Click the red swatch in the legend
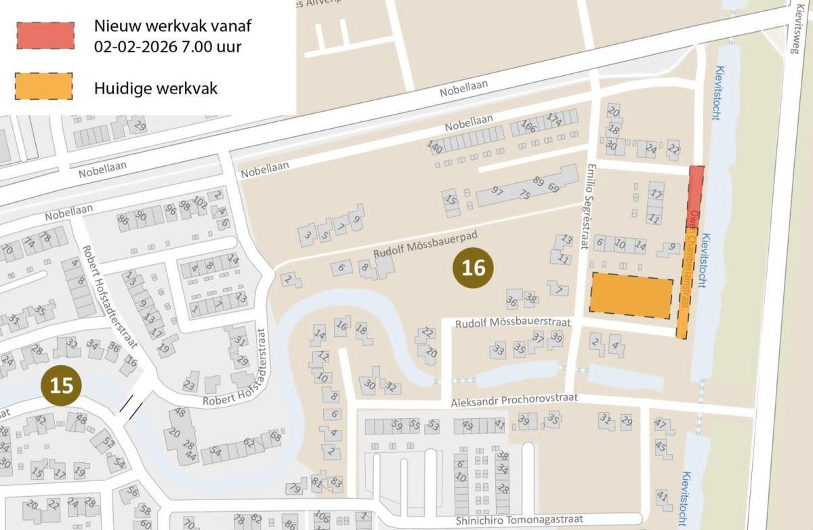tap(45, 35)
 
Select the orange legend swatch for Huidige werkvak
tap(43, 87)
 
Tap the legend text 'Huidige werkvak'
tap(156, 88)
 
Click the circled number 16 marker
tap(473, 268)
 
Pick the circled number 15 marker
tap(61, 385)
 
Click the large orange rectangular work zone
tap(631, 295)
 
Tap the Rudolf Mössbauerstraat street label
tap(513, 323)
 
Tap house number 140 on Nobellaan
tap(434, 146)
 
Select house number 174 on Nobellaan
tap(554, 119)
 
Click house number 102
tap(200, 201)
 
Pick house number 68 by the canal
tap(275, 436)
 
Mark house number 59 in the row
tap(396, 426)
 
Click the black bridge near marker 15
tap(131, 406)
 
